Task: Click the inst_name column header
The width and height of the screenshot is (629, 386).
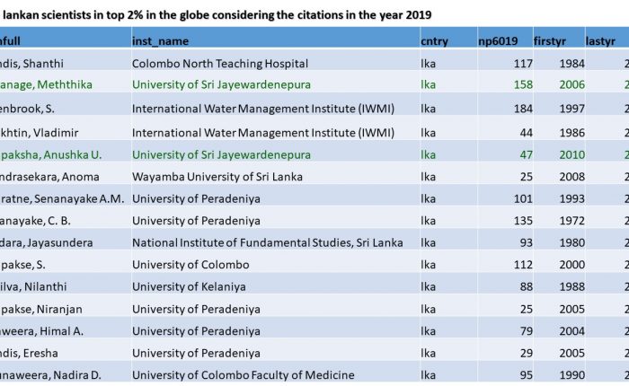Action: (161, 40)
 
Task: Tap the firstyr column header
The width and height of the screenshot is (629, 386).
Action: (551, 40)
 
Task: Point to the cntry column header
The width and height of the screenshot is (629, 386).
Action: (434, 40)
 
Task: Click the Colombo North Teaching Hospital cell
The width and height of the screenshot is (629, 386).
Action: (219, 63)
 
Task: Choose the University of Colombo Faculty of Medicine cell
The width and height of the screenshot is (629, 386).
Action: (243, 375)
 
